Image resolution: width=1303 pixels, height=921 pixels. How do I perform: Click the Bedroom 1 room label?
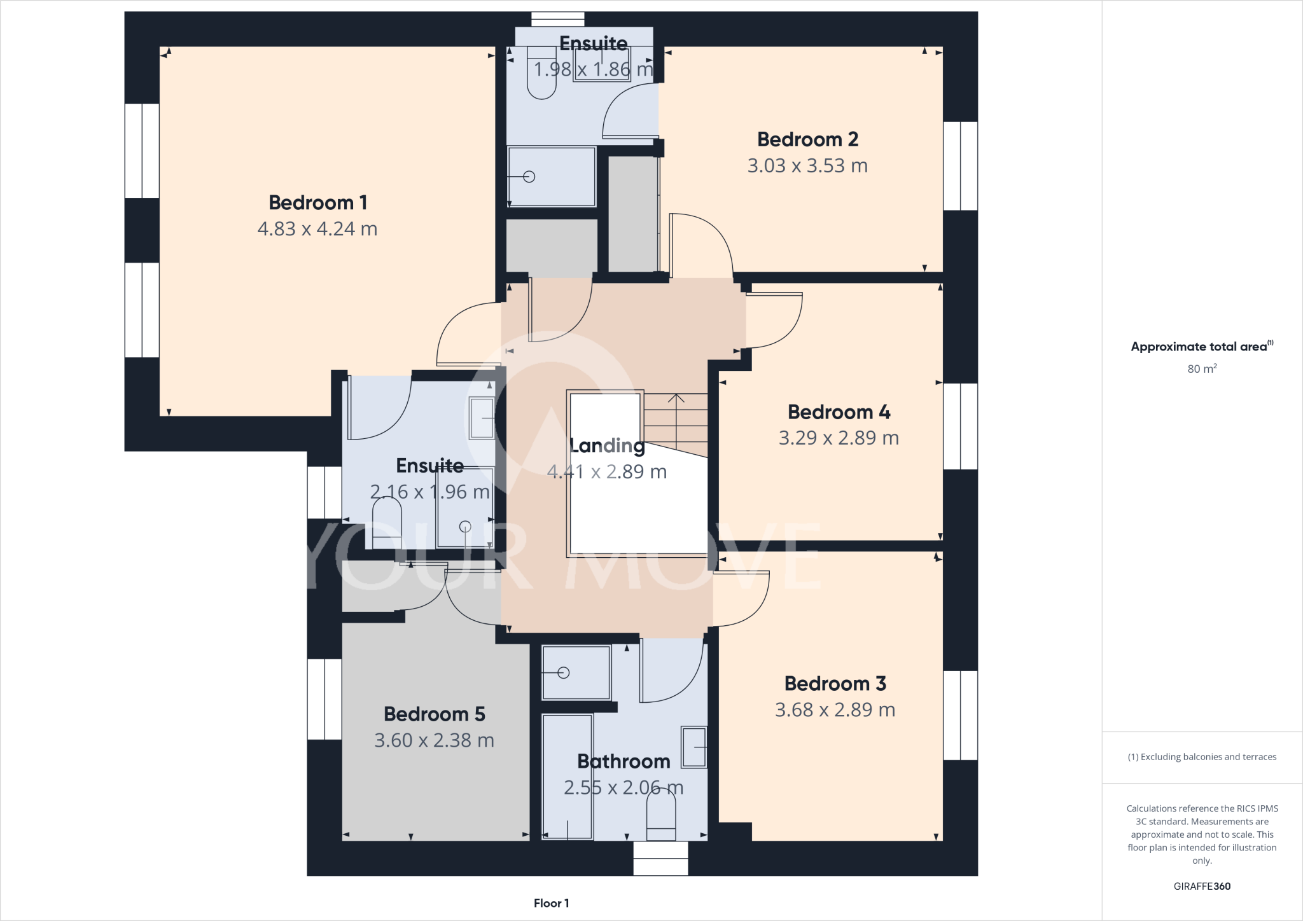click(x=317, y=203)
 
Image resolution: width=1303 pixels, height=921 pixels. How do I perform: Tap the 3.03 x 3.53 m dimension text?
click(x=807, y=166)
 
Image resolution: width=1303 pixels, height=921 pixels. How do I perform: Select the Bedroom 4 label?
click(x=839, y=412)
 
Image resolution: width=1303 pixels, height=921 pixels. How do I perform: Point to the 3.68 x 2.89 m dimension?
click(x=835, y=710)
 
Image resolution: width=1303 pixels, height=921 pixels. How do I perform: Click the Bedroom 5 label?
click(x=434, y=714)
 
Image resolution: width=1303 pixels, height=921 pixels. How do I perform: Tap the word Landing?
click(x=607, y=446)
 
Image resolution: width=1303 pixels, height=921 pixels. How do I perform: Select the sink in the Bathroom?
click(x=694, y=747)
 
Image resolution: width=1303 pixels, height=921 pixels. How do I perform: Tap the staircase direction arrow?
click(x=676, y=399)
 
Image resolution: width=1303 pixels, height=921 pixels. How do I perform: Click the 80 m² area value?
click(x=1201, y=369)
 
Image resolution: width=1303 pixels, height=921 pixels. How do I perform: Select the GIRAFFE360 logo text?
click(x=1201, y=886)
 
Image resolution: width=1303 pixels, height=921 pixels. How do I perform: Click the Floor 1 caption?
click(x=551, y=903)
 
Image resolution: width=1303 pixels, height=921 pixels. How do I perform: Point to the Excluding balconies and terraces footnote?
click(x=1201, y=757)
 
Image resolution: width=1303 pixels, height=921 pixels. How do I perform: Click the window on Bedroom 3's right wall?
click(x=960, y=715)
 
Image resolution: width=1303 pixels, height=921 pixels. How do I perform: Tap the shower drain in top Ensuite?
click(x=529, y=177)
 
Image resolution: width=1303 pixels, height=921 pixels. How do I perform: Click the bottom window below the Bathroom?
click(x=660, y=858)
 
